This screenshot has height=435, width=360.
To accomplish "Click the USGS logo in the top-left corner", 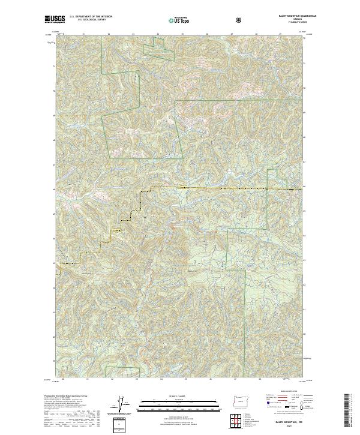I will pos(55,19).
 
